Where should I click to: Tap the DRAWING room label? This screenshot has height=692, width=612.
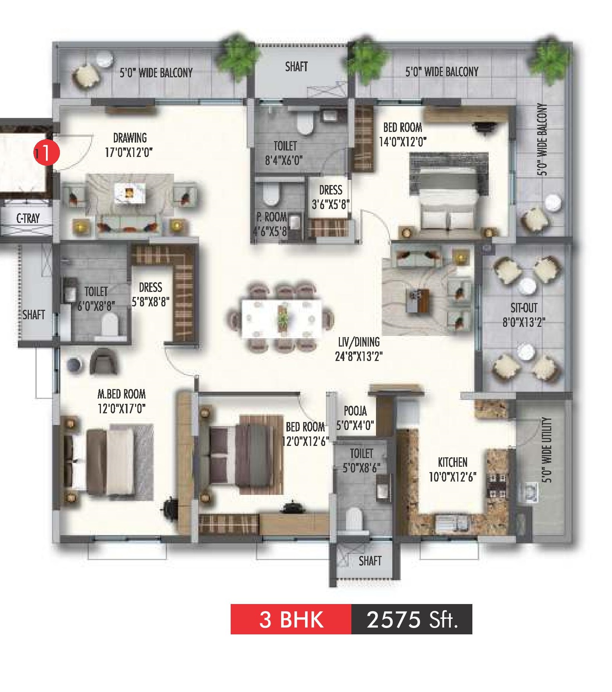[130, 138]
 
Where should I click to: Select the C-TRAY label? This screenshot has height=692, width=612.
[28, 218]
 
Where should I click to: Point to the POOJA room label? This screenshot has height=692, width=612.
[355, 411]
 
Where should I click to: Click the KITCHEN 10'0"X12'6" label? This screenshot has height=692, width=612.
[453, 469]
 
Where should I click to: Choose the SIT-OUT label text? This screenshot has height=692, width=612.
[524, 308]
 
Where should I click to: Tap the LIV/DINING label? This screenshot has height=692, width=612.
[359, 342]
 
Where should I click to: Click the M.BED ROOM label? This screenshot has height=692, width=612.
[121, 394]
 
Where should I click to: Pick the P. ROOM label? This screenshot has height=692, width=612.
[271, 217]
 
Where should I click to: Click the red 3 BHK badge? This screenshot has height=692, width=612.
[291, 619]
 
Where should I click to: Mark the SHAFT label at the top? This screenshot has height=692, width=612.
[296, 67]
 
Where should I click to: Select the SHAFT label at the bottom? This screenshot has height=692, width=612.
[370, 560]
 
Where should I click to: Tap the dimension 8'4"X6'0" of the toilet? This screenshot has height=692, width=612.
[284, 160]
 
